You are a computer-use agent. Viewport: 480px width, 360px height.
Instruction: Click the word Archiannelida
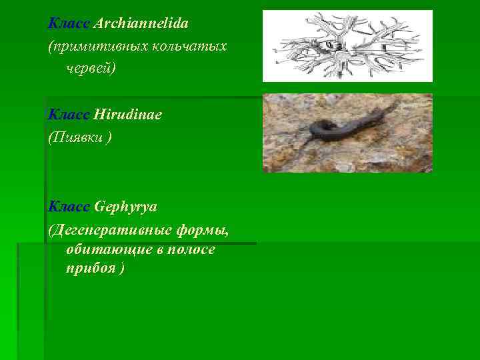pyautogui.click(x=141, y=24)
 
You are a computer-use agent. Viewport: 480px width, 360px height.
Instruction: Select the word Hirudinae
pyautogui.click(x=128, y=115)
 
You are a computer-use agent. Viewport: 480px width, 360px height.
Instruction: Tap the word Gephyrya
pyautogui.click(x=126, y=207)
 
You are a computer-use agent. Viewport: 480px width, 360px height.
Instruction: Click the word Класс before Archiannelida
pyautogui.click(x=69, y=24)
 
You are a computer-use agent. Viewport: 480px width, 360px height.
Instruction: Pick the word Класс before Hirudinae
pyautogui.click(x=69, y=115)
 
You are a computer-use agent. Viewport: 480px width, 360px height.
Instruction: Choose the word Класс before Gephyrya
pyautogui.click(x=69, y=207)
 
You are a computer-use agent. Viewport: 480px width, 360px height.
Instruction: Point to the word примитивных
pyautogui.click(x=99, y=47)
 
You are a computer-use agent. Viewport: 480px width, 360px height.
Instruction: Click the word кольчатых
pyautogui.click(x=190, y=47)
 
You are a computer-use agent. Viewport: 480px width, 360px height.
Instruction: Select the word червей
pyautogui.click(x=90, y=69)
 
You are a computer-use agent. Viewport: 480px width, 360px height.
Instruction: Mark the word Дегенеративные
pyautogui.click(x=111, y=230)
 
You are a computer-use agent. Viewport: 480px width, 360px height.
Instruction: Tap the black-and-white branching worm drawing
pyautogui.click(x=347, y=45)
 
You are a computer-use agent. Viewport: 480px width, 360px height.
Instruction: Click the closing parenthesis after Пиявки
pyautogui.click(x=109, y=138)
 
